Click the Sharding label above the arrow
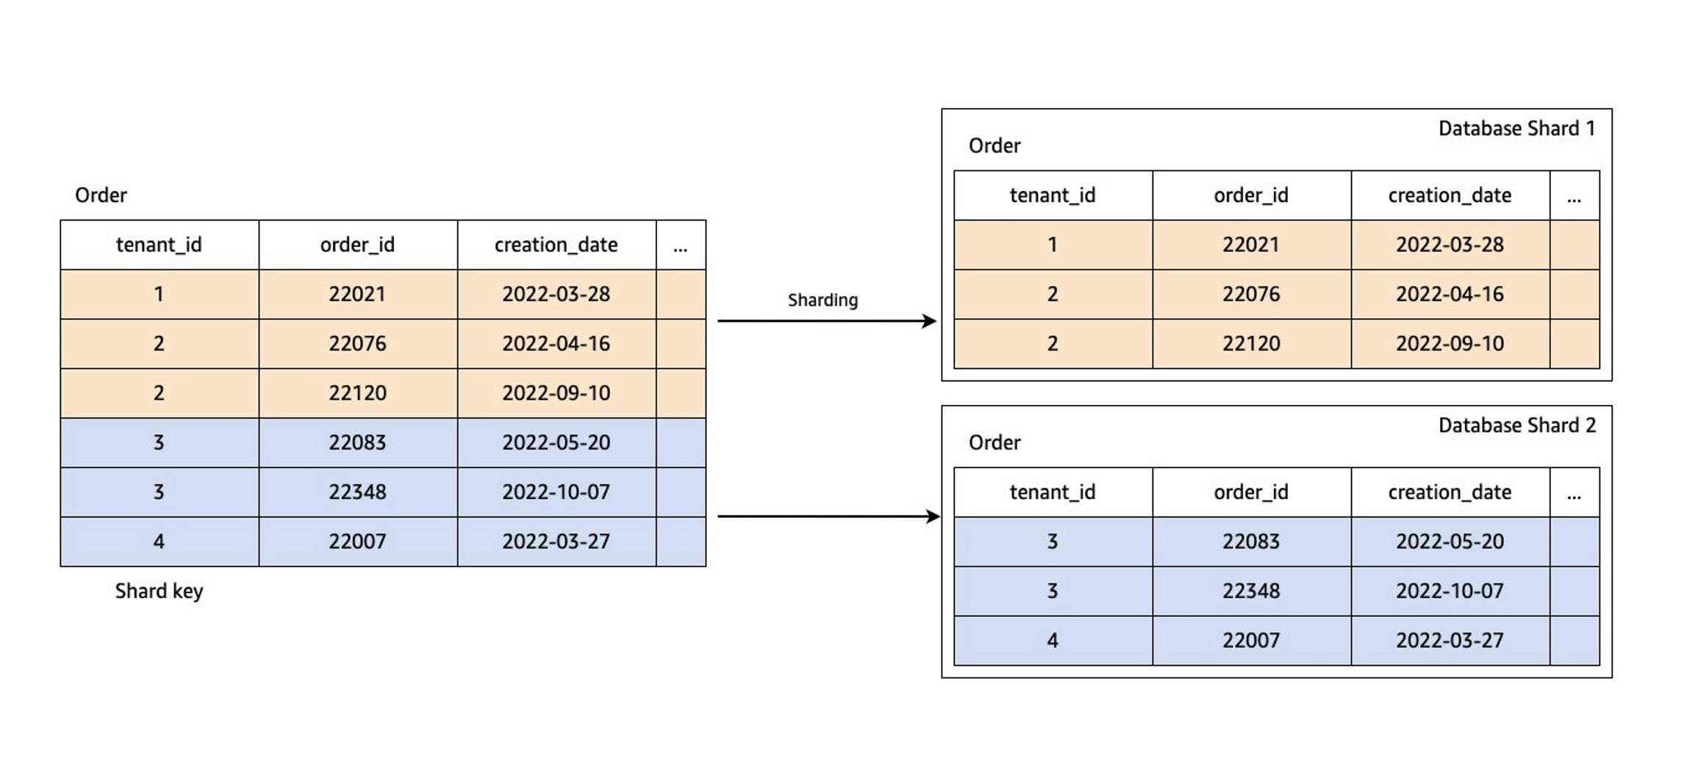pyautogui.click(x=823, y=300)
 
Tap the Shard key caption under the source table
pyautogui.click(x=159, y=591)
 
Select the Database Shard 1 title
pyautogui.click(x=1516, y=129)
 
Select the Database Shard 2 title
pyautogui.click(x=1516, y=425)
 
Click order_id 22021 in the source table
pyautogui.click(x=357, y=294)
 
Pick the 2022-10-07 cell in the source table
pyautogui.click(x=556, y=492)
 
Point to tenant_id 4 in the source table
pyautogui.click(x=159, y=542)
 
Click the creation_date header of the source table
pyautogui.click(x=556, y=245)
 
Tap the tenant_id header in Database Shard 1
pyautogui.click(x=1052, y=195)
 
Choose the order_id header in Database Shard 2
pyautogui.click(x=1250, y=492)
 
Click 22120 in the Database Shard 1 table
pyautogui.click(x=1250, y=343)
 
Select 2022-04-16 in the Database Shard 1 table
pyautogui.click(x=1450, y=294)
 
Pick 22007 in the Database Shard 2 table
pyautogui.click(x=1250, y=640)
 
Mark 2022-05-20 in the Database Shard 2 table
pyautogui.click(x=1450, y=542)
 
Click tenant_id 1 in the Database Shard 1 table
pyautogui.click(x=1052, y=245)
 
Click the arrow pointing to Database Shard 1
pyautogui.click(x=825, y=321)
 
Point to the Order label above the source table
pyautogui.click(x=101, y=195)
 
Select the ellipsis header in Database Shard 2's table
pyautogui.click(x=1574, y=492)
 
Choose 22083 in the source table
pyautogui.click(x=357, y=442)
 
